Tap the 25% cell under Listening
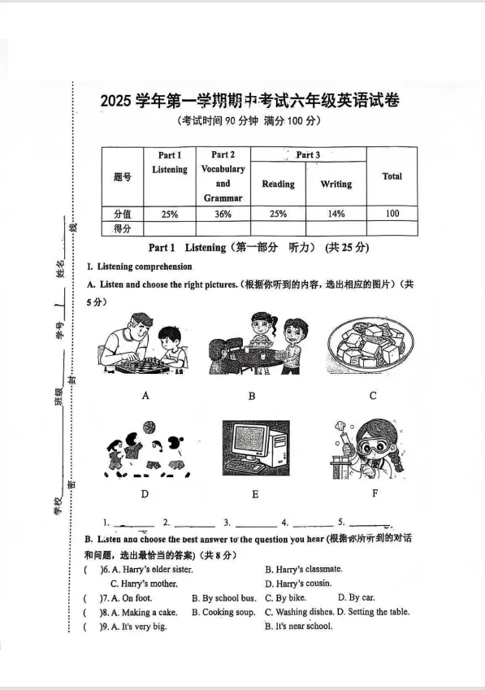coord(169,214)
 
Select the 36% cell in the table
coord(223,214)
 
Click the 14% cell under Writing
coord(336,214)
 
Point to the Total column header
coord(392,176)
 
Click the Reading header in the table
coord(278,184)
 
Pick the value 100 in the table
coord(392,214)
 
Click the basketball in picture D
coord(149,427)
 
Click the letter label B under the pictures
coord(252,396)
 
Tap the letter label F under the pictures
coord(374,493)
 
